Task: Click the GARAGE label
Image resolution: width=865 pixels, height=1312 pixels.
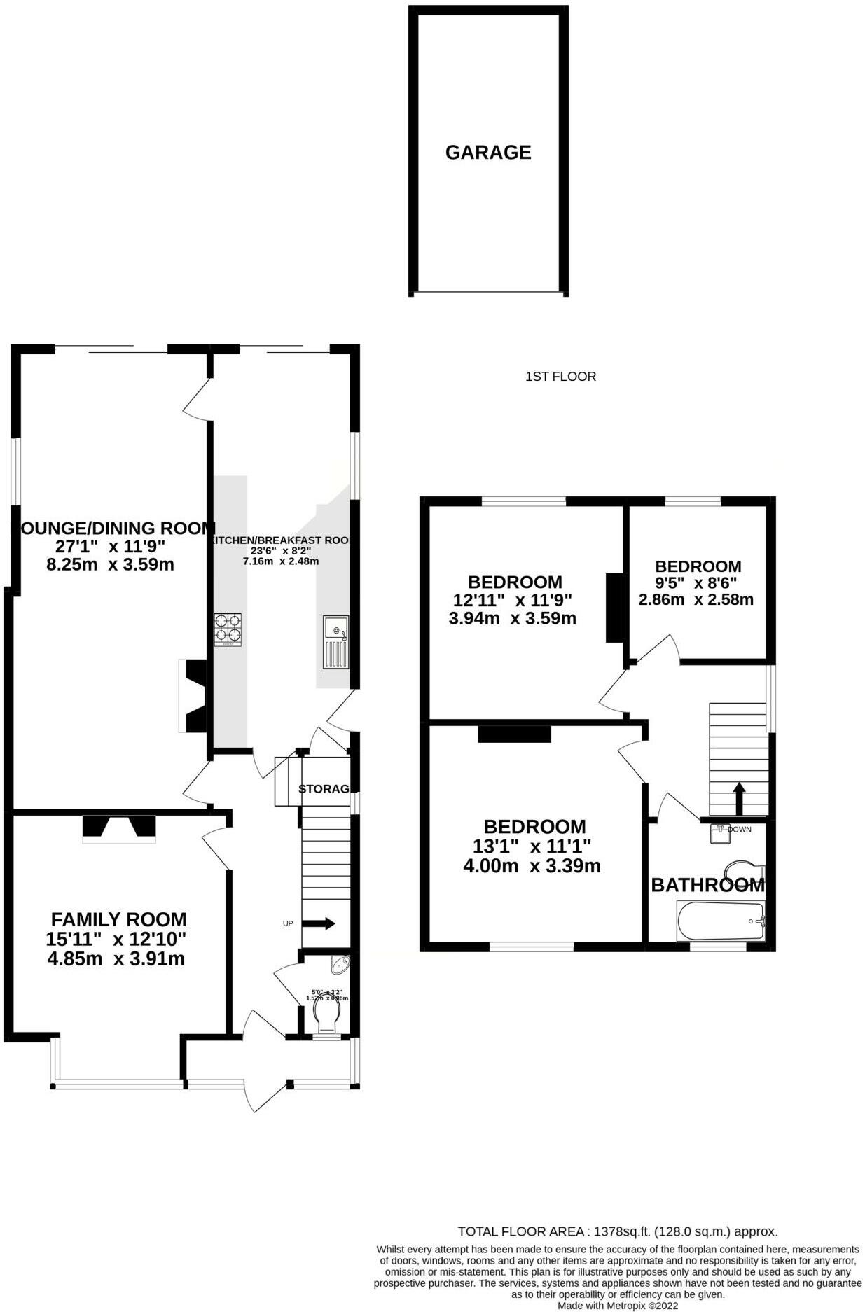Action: [487, 152]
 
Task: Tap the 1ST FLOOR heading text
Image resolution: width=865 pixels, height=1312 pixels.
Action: [560, 377]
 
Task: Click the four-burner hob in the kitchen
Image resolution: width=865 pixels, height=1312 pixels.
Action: [228, 629]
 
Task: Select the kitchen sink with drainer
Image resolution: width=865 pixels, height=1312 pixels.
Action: [335, 642]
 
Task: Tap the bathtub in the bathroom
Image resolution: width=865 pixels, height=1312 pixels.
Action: [721, 921]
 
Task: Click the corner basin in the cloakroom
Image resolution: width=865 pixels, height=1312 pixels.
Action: [341, 965]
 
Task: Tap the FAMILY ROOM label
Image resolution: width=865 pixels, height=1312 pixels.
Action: [118, 919]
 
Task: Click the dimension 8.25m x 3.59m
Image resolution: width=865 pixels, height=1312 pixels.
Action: [110, 564]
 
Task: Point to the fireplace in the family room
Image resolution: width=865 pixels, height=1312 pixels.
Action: [119, 828]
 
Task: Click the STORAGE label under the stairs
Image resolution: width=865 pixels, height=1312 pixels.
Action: [324, 789]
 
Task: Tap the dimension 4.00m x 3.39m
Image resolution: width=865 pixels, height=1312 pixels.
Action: [532, 866]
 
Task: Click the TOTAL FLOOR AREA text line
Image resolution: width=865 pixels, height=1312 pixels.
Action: [617, 1231]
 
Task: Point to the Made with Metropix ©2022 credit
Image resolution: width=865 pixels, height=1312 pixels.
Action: [617, 1306]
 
